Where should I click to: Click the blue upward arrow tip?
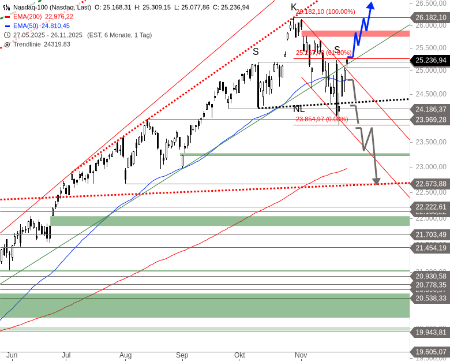[x=370, y=5]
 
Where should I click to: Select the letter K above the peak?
[x=294, y=8]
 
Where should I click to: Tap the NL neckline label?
[x=298, y=109]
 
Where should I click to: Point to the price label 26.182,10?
[x=430, y=18]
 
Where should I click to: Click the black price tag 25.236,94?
[x=430, y=60]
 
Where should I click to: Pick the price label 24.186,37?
[x=430, y=109]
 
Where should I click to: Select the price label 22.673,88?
[x=430, y=184]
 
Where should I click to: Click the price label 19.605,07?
[x=430, y=351]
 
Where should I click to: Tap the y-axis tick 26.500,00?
[x=430, y=3]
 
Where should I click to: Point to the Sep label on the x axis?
[x=182, y=355]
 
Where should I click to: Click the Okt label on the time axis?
[x=240, y=355]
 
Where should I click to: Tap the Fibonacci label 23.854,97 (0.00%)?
[x=322, y=119]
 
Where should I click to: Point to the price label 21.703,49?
[x=430, y=234]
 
